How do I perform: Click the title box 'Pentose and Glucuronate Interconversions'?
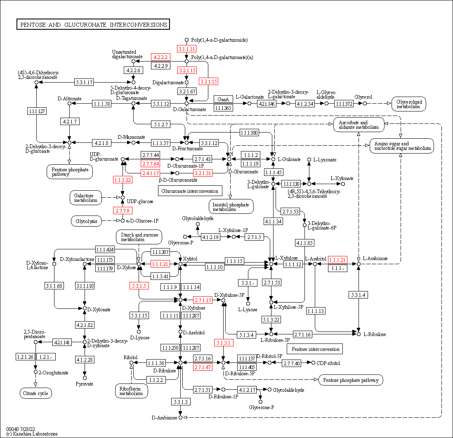(93, 25)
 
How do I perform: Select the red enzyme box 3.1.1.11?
(186, 49)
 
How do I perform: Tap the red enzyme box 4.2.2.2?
(160, 57)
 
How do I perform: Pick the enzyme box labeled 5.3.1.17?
(84, 82)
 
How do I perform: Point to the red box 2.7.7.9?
(122, 211)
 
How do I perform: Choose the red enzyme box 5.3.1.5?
(139, 286)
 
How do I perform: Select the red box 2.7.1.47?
(203, 367)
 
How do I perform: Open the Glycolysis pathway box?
(86, 221)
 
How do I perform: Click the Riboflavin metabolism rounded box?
(132, 391)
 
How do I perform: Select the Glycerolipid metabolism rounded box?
(408, 104)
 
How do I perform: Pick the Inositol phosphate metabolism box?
(231, 206)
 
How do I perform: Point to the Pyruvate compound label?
(85, 384)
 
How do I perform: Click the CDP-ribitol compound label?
(328, 363)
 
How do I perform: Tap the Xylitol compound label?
(190, 259)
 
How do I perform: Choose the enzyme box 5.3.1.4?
(359, 295)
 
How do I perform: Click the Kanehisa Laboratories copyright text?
(32, 434)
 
